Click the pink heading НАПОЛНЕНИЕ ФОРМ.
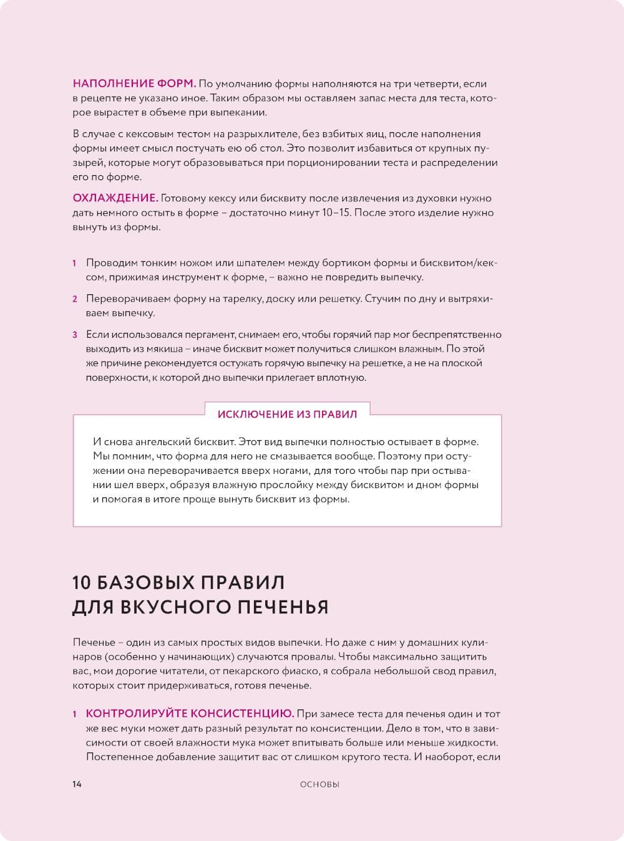[135, 84]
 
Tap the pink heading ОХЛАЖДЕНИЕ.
[115, 198]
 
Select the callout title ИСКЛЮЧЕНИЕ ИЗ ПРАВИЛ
[287, 414]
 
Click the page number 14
[77, 784]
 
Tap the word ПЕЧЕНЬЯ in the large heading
[285, 607]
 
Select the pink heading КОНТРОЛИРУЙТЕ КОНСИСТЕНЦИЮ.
[190, 714]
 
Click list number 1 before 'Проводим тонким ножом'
[74, 263]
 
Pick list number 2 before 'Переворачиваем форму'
[74, 299]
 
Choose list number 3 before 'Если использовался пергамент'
[74, 335]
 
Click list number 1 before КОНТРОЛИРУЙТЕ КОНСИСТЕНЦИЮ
[74, 714]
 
